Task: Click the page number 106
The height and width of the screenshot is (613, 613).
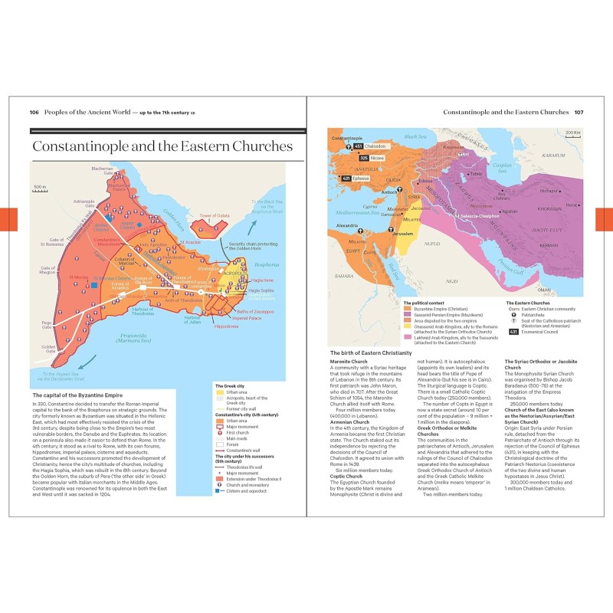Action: [34, 112]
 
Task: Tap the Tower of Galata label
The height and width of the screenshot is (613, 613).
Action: [215, 216]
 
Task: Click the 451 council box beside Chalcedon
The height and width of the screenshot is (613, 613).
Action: [359, 146]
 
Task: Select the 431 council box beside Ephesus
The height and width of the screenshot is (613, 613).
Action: [346, 179]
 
